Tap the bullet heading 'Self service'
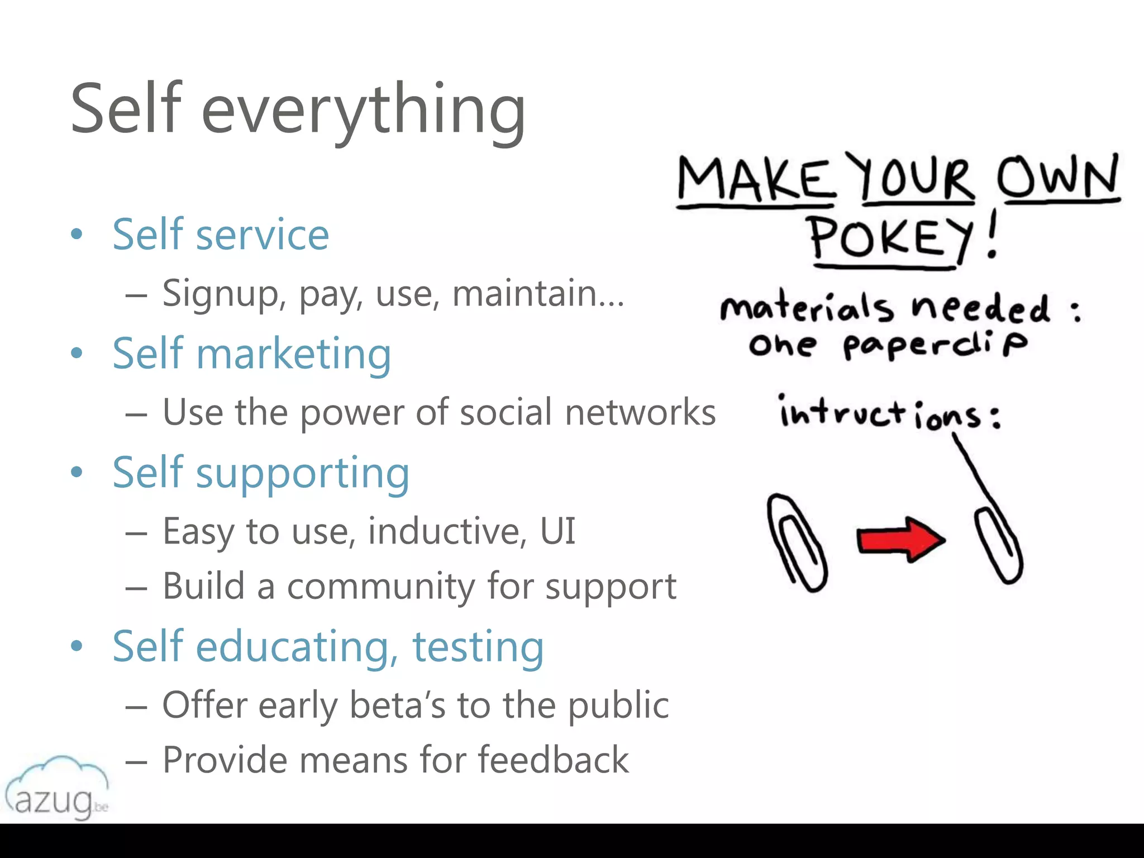(221, 235)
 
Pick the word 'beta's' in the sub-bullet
(397, 705)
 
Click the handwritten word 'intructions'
(888, 413)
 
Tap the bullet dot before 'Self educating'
(77, 646)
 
